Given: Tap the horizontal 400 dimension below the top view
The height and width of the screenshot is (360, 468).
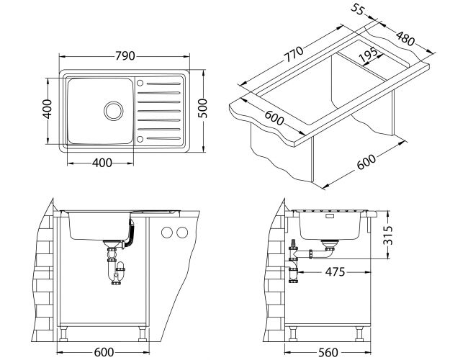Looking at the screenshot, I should tap(102, 163).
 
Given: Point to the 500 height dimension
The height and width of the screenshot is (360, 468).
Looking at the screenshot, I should tap(203, 107).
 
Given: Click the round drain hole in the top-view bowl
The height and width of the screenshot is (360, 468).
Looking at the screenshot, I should tap(112, 110).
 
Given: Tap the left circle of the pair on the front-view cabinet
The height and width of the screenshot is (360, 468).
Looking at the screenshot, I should tap(167, 233).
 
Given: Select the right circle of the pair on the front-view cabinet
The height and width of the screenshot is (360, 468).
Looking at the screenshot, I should tap(181, 233).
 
